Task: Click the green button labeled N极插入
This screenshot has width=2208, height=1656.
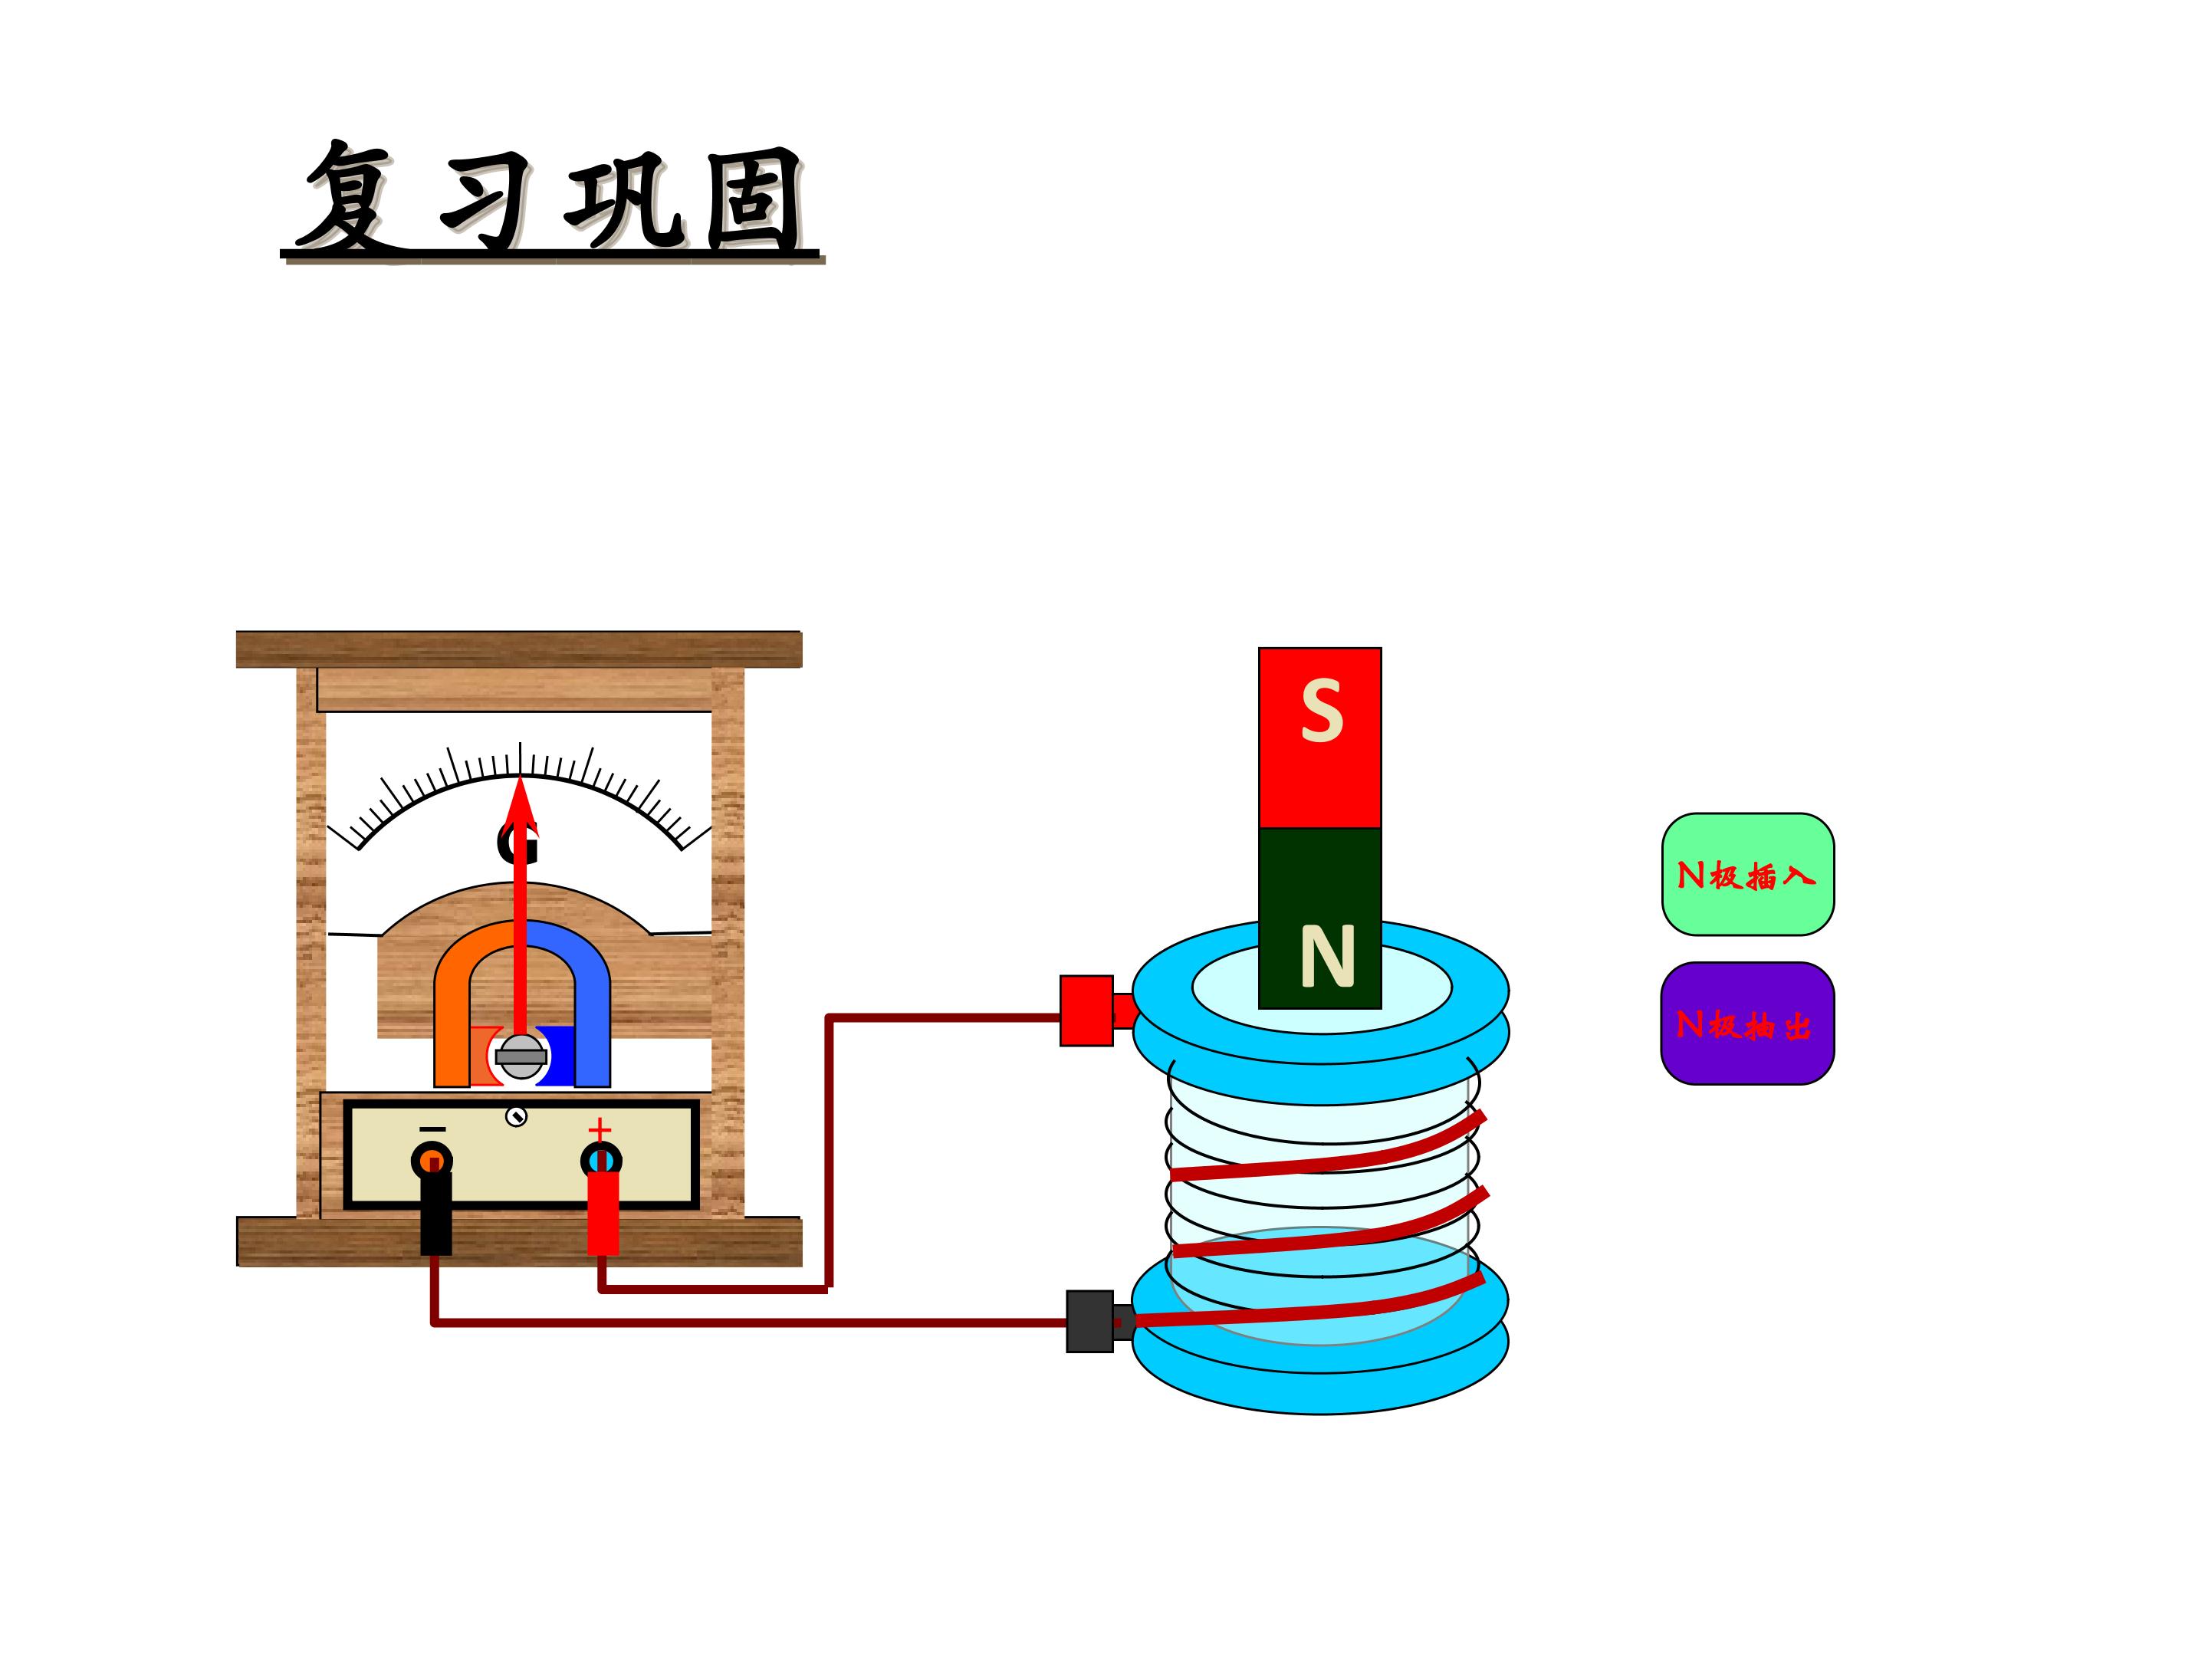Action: click(1746, 875)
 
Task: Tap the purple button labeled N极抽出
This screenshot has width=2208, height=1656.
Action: click(1746, 1024)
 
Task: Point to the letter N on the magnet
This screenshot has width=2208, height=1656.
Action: click(1326, 956)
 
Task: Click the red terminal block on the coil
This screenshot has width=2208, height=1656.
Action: click(1086, 1010)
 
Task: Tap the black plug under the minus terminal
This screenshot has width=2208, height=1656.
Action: click(435, 1213)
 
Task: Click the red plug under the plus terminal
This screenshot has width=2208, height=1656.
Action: click(603, 1213)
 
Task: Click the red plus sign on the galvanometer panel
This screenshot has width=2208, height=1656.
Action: click(599, 1129)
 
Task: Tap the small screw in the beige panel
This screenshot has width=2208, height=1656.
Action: click(516, 1117)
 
